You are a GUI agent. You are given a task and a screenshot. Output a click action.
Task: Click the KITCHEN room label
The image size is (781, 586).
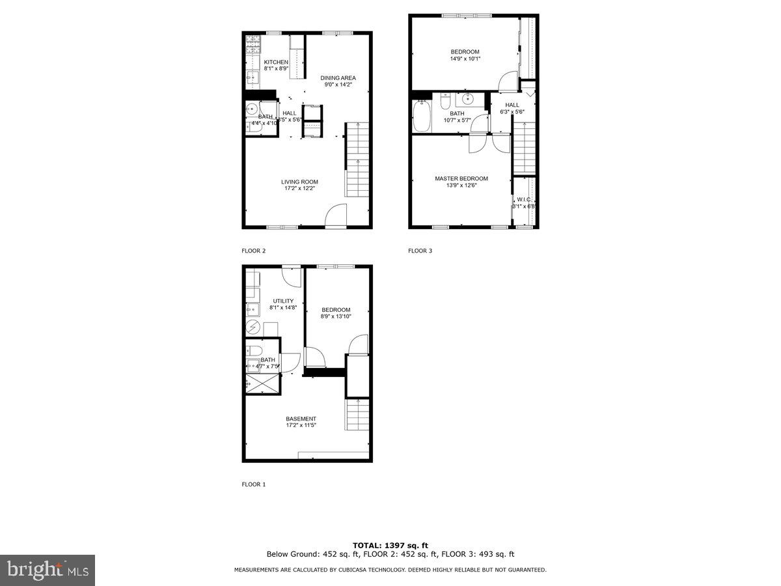275,62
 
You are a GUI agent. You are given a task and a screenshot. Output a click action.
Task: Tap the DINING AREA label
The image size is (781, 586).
338,77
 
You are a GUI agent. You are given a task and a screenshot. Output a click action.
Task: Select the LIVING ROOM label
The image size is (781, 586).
299,182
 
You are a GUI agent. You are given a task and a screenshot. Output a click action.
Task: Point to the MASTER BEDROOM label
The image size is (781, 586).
461,178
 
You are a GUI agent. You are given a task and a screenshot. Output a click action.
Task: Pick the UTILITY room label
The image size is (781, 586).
283,301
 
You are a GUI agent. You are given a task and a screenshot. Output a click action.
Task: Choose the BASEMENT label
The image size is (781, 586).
301,419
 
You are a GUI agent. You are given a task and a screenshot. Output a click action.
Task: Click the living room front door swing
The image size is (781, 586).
336,216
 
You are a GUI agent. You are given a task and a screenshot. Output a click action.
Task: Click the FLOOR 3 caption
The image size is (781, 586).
420,251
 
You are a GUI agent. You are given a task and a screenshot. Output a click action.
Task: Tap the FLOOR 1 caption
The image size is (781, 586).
254,484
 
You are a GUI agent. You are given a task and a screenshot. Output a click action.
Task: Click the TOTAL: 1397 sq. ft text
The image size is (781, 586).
390,545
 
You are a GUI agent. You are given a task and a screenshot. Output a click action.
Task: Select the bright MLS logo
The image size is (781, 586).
48,570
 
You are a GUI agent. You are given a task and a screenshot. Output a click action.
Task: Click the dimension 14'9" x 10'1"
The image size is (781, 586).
465,59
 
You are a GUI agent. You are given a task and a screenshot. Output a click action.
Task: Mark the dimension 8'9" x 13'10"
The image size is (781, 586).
335,316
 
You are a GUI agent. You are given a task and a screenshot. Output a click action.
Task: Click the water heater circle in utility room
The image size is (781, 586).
253,327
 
